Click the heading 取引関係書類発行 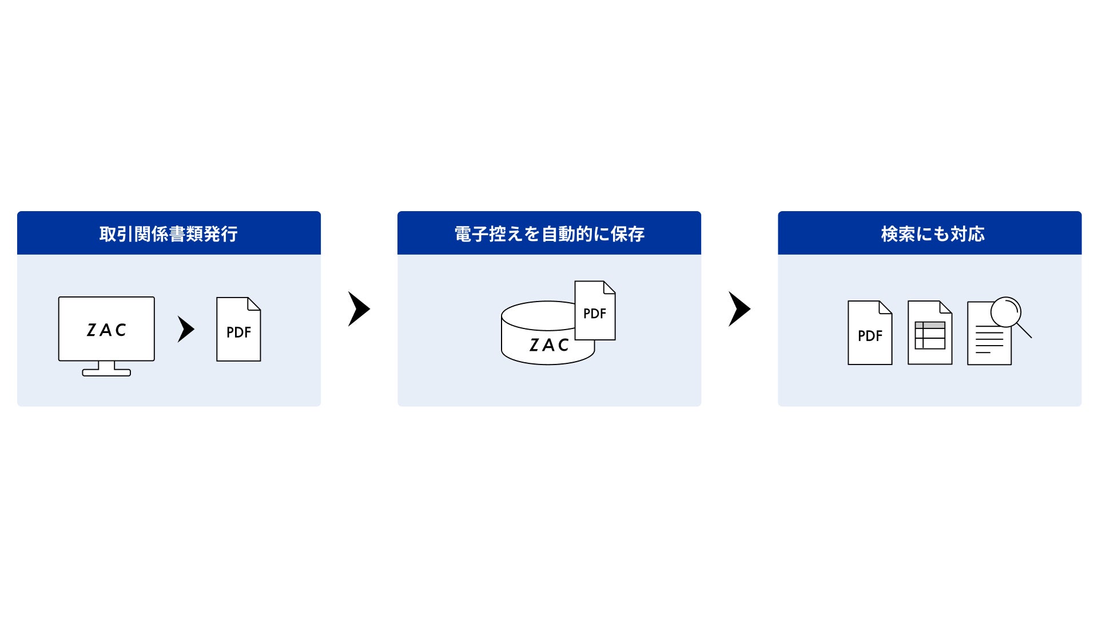coord(169,234)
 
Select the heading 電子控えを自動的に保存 coord(549,234)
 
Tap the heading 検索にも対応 coord(933,234)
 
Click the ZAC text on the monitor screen coord(106,330)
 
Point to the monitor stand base coord(106,373)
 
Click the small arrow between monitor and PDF coord(186,329)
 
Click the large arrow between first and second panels coord(359,309)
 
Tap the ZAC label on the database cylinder coord(549,345)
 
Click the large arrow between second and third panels coord(739,309)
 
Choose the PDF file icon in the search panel coord(870,333)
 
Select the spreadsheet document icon coord(930,333)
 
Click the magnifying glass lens coord(1006,312)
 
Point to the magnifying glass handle coord(1025,331)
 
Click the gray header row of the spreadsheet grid coord(930,325)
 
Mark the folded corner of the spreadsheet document coord(946,307)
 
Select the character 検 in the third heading coord(889,234)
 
